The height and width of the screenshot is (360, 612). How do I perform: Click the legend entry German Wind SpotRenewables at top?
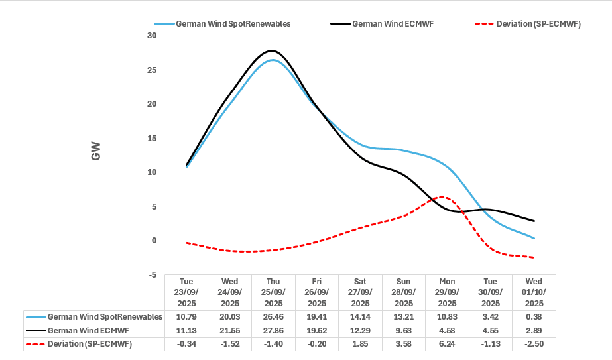coord(233,24)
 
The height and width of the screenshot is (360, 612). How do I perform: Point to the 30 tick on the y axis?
coord(152,36)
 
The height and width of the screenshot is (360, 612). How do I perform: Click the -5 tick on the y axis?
coord(152,275)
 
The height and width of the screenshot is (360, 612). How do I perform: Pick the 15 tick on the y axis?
coord(152,139)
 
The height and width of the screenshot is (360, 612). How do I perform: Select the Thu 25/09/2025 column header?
coord(273,292)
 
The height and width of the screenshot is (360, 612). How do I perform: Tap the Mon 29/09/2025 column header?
coord(448,292)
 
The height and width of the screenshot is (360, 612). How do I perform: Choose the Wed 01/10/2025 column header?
coord(534,292)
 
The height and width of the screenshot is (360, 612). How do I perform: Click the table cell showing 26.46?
coord(273,317)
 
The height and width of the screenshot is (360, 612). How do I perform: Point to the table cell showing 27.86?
coord(273,330)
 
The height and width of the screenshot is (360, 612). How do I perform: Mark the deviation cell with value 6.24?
coord(448,343)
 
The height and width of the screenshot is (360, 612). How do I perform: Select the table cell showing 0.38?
coord(534,317)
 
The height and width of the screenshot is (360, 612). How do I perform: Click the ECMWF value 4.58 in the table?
coord(448,330)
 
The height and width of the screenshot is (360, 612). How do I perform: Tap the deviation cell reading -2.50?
coord(534,343)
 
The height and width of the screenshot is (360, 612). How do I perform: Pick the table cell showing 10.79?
coord(186,317)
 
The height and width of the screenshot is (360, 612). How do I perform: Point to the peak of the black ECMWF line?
coord(271,50)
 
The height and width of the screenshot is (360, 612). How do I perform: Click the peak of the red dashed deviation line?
coord(443,197)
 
